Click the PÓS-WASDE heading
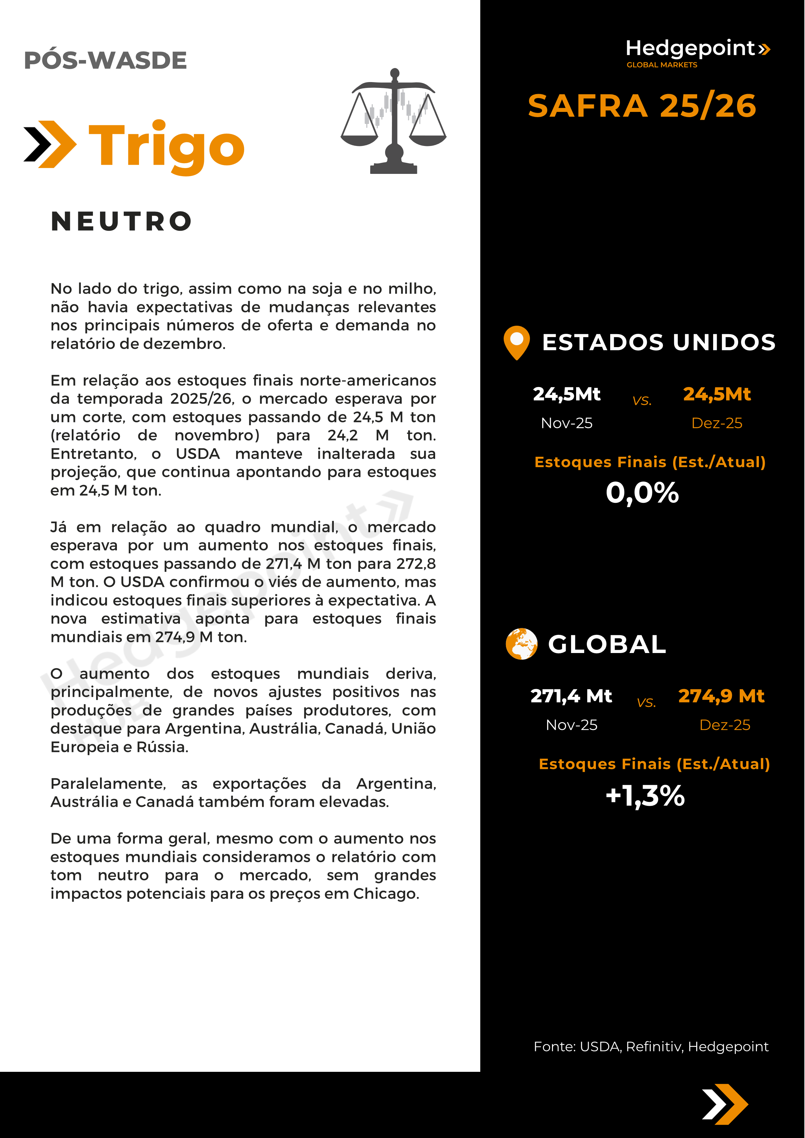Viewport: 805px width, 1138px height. coord(105,60)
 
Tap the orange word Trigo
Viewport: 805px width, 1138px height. coord(167,145)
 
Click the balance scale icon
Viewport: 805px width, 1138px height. coord(394,121)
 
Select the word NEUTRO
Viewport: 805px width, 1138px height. coord(121,221)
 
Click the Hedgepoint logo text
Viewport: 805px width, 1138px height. coord(690,49)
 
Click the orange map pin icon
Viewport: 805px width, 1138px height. coord(516,342)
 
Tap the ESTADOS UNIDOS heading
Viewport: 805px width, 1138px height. coord(659,343)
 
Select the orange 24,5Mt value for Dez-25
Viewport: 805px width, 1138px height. coord(717,394)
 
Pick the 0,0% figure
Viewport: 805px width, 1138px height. coord(642,493)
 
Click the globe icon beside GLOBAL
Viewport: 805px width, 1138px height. coord(521,644)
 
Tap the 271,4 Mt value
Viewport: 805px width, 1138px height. coord(571,696)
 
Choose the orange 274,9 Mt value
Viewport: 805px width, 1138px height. coord(721,696)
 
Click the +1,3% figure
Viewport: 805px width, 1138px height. coord(645,796)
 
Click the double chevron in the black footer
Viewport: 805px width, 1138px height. coord(725,1104)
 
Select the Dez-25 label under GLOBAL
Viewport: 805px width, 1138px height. coord(725,725)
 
